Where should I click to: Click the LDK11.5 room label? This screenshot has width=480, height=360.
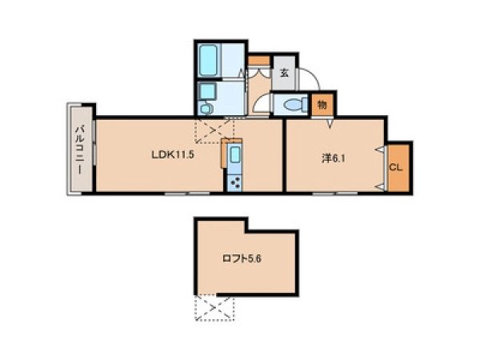click(173, 154)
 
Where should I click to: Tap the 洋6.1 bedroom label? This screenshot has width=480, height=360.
click(334, 158)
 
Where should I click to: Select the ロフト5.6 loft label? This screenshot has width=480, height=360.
click(242, 259)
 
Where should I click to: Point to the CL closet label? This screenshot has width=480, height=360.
click(396, 168)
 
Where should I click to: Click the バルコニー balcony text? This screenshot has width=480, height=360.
click(80, 150)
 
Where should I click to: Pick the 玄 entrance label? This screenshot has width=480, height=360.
click(284, 73)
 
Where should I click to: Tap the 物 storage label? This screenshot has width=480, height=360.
click(322, 105)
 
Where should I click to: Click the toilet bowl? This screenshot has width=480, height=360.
click(295, 105)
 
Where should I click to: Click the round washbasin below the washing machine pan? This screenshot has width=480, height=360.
click(206, 108)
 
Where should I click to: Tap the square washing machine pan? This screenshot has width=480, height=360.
click(207, 91)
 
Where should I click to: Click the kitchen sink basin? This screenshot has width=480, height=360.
click(234, 154)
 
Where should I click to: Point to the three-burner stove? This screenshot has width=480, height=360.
click(234, 183)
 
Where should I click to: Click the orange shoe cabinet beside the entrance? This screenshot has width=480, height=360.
click(259, 61)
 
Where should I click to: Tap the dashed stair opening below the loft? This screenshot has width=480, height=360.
click(214, 308)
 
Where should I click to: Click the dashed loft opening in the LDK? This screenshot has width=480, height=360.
click(214, 130)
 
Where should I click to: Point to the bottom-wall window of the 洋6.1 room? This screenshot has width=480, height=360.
click(335, 193)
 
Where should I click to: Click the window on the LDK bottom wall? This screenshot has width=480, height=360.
click(187, 193)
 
